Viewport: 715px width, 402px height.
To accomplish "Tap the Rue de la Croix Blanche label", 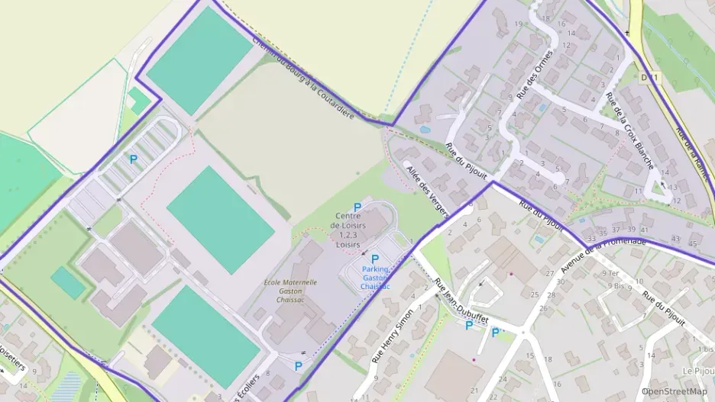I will [629, 130].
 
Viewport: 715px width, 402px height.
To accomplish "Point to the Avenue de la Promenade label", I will [603, 256].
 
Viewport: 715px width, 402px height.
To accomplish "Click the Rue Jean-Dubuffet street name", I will [461, 301].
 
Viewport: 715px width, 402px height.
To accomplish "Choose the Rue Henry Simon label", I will [392, 336].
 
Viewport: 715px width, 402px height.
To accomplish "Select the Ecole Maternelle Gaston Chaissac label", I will [290, 292].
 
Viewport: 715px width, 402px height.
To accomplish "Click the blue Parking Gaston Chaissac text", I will [375, 277].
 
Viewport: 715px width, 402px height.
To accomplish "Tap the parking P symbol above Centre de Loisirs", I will [357, 207].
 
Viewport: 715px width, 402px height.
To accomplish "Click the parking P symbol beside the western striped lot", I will [133, 159].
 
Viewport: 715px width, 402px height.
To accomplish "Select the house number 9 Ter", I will [609, 274].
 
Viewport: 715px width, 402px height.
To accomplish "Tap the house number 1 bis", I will [704, 349].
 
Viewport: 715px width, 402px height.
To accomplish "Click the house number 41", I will [645, 229].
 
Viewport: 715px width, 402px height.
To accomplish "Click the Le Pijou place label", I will [697, 371].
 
